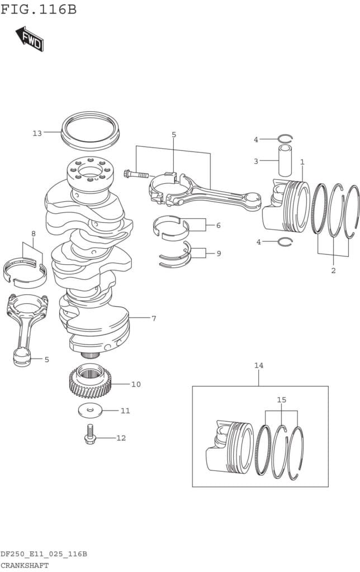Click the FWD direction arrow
tap(29, 39)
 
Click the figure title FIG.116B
tap(39, 9)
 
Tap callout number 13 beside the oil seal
tap(37, 133)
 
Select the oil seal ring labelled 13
tap(90, 131)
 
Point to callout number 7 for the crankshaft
tap(154, 318)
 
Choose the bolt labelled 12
tap(89, 434)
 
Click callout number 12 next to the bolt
tap(121, 438)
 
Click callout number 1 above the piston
tap(302, 162)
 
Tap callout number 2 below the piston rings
tap(333, 270)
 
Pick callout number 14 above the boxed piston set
tap(259, 365)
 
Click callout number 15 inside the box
tap(282, 400)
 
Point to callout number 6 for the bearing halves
tap(218, 225)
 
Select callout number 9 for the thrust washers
tap(219, 253)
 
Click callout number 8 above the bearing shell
tap(33, 233)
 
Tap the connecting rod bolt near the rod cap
tap(136, 174)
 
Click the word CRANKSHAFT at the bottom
tap(25, 565)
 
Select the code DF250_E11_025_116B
tap(44, 554)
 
